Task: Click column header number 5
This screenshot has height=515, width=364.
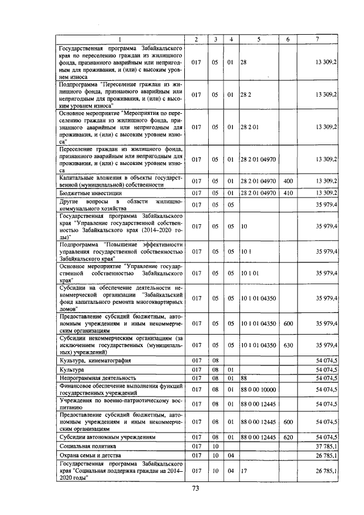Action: coord(258,39)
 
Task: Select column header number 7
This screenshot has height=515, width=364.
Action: coord(317,39)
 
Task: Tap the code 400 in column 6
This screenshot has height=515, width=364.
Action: coord(288,181)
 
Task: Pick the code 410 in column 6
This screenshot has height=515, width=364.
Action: coord(288,193)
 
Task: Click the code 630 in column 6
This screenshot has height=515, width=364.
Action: coord(288,345)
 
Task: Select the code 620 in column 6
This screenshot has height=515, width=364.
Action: coord(288,436)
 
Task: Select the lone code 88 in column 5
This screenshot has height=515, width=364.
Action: coord(243,377)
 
